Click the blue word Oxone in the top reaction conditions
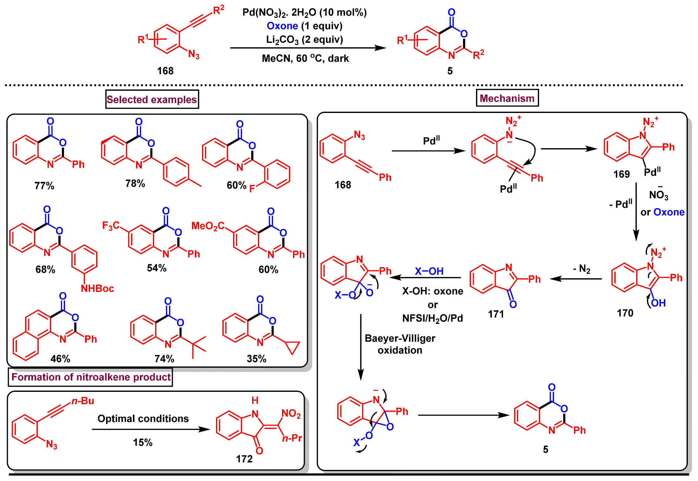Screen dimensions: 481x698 click(282, 26)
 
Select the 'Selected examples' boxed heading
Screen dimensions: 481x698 click(152, 100)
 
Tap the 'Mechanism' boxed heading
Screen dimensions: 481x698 click(507, 98)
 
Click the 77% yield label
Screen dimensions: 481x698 click(44, 186)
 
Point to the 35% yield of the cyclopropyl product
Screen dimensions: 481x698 click(256, 359)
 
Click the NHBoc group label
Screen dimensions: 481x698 click(97, 289)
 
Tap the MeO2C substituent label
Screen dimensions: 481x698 click(208, 226)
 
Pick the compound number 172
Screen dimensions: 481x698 click(244, 459)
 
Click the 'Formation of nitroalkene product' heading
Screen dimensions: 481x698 click(91, 377)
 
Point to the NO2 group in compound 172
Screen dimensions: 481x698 click(291, 413)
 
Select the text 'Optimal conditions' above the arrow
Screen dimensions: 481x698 click(143, 419)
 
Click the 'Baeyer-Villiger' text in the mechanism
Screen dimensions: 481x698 click(400, 339)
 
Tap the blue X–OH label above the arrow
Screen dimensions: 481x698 click(429, 271)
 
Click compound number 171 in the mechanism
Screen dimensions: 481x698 click(496, 314)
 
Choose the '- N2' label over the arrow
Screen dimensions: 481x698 click(582, 269)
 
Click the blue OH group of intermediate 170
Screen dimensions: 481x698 click(658, 303)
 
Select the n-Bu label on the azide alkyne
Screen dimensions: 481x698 click(83, 401)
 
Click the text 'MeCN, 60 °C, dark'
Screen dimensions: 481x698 click(305, 59)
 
